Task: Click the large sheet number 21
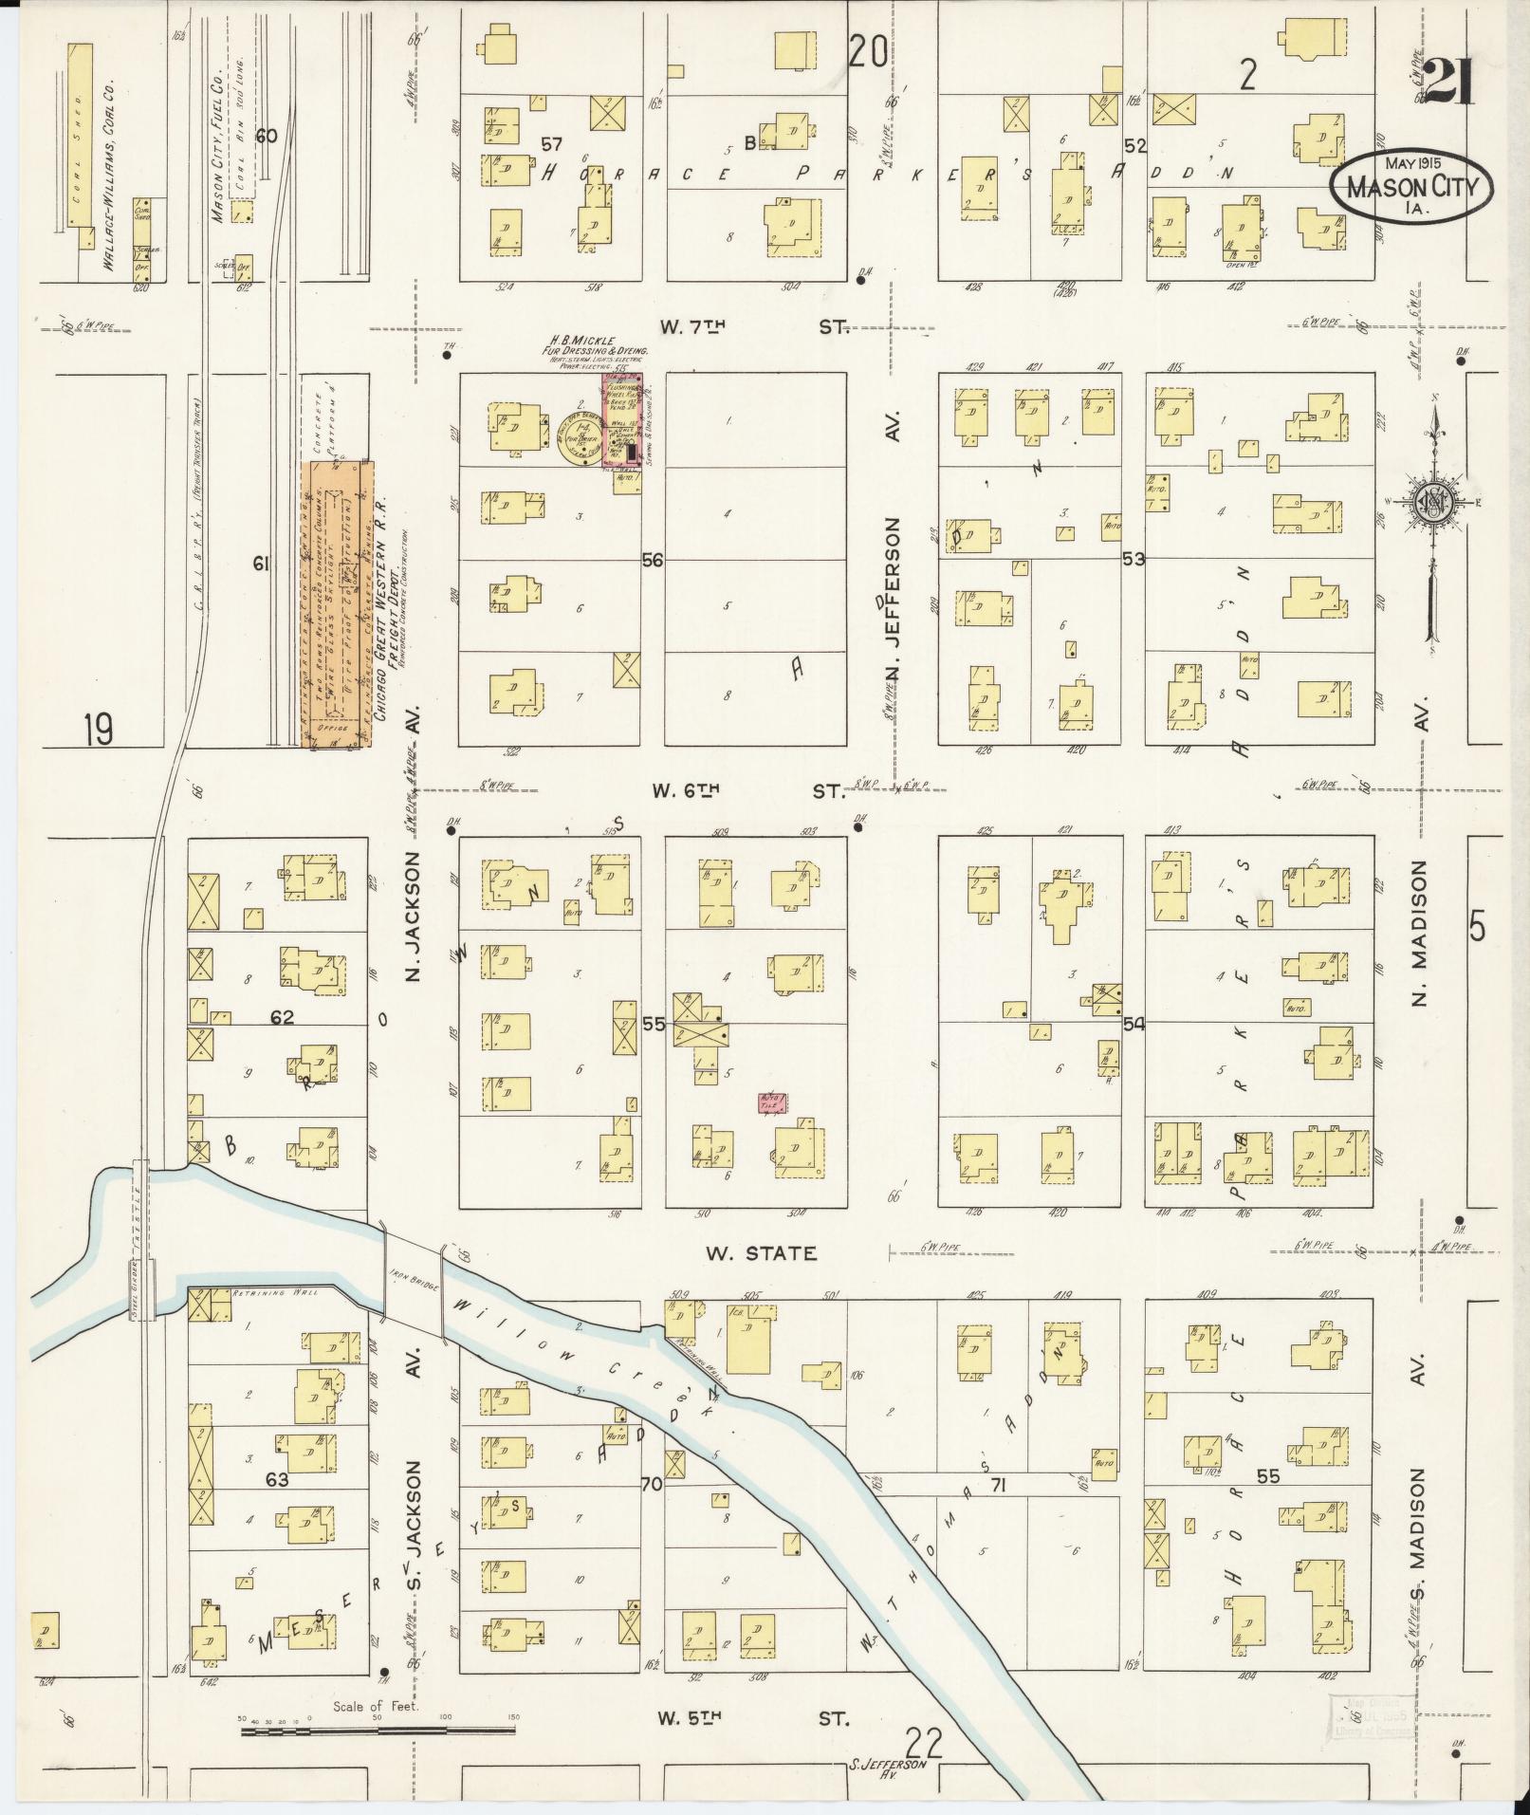(x=1446, y=83)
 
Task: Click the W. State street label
(x=761, y=1253)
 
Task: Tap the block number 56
(x=652, y=561)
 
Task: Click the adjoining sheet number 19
(x=97, y=731)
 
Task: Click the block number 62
(x=282, y=1018)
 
